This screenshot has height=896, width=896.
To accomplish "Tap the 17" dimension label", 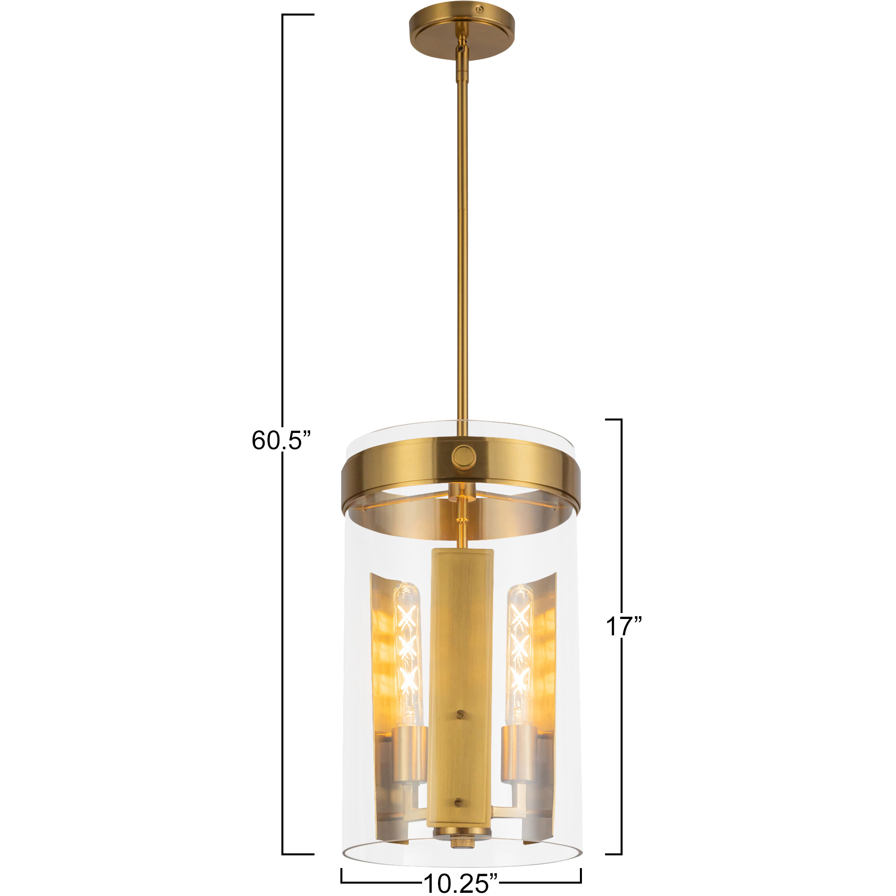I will pos(624,627).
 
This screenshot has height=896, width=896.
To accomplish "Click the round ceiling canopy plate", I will pos(461,32).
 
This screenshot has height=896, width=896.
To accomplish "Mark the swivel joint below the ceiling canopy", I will pos(461,46).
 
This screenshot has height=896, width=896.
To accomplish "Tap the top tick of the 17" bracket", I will pos(613,419).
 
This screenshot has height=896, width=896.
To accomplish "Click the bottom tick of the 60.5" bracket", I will pos(298,854).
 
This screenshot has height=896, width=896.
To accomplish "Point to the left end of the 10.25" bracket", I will pos(342,875).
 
